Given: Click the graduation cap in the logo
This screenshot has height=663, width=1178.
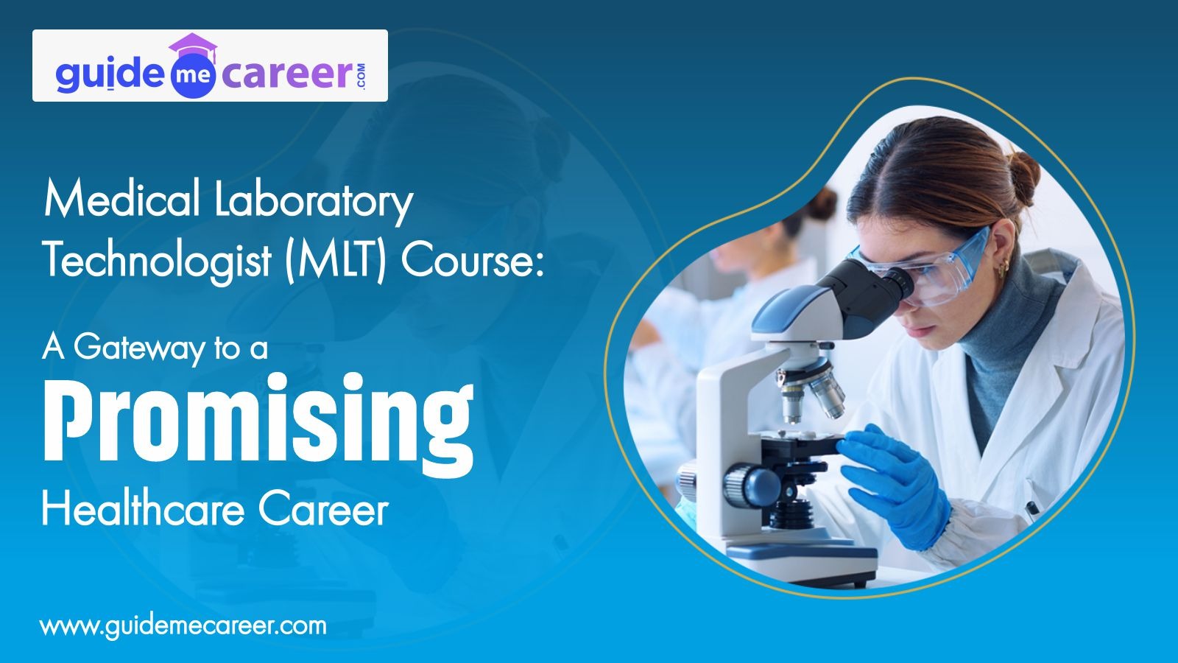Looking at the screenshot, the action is (192, 46).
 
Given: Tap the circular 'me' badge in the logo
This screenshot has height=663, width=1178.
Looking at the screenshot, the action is (192, 77).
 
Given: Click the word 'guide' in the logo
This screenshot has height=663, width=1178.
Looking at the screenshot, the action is (110, 74).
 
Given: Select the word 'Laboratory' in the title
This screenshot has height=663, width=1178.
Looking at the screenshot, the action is (314, 203).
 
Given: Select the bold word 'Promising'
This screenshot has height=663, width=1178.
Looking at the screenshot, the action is (258, 419).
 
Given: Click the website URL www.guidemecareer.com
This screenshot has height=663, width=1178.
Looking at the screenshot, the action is (183, 627).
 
